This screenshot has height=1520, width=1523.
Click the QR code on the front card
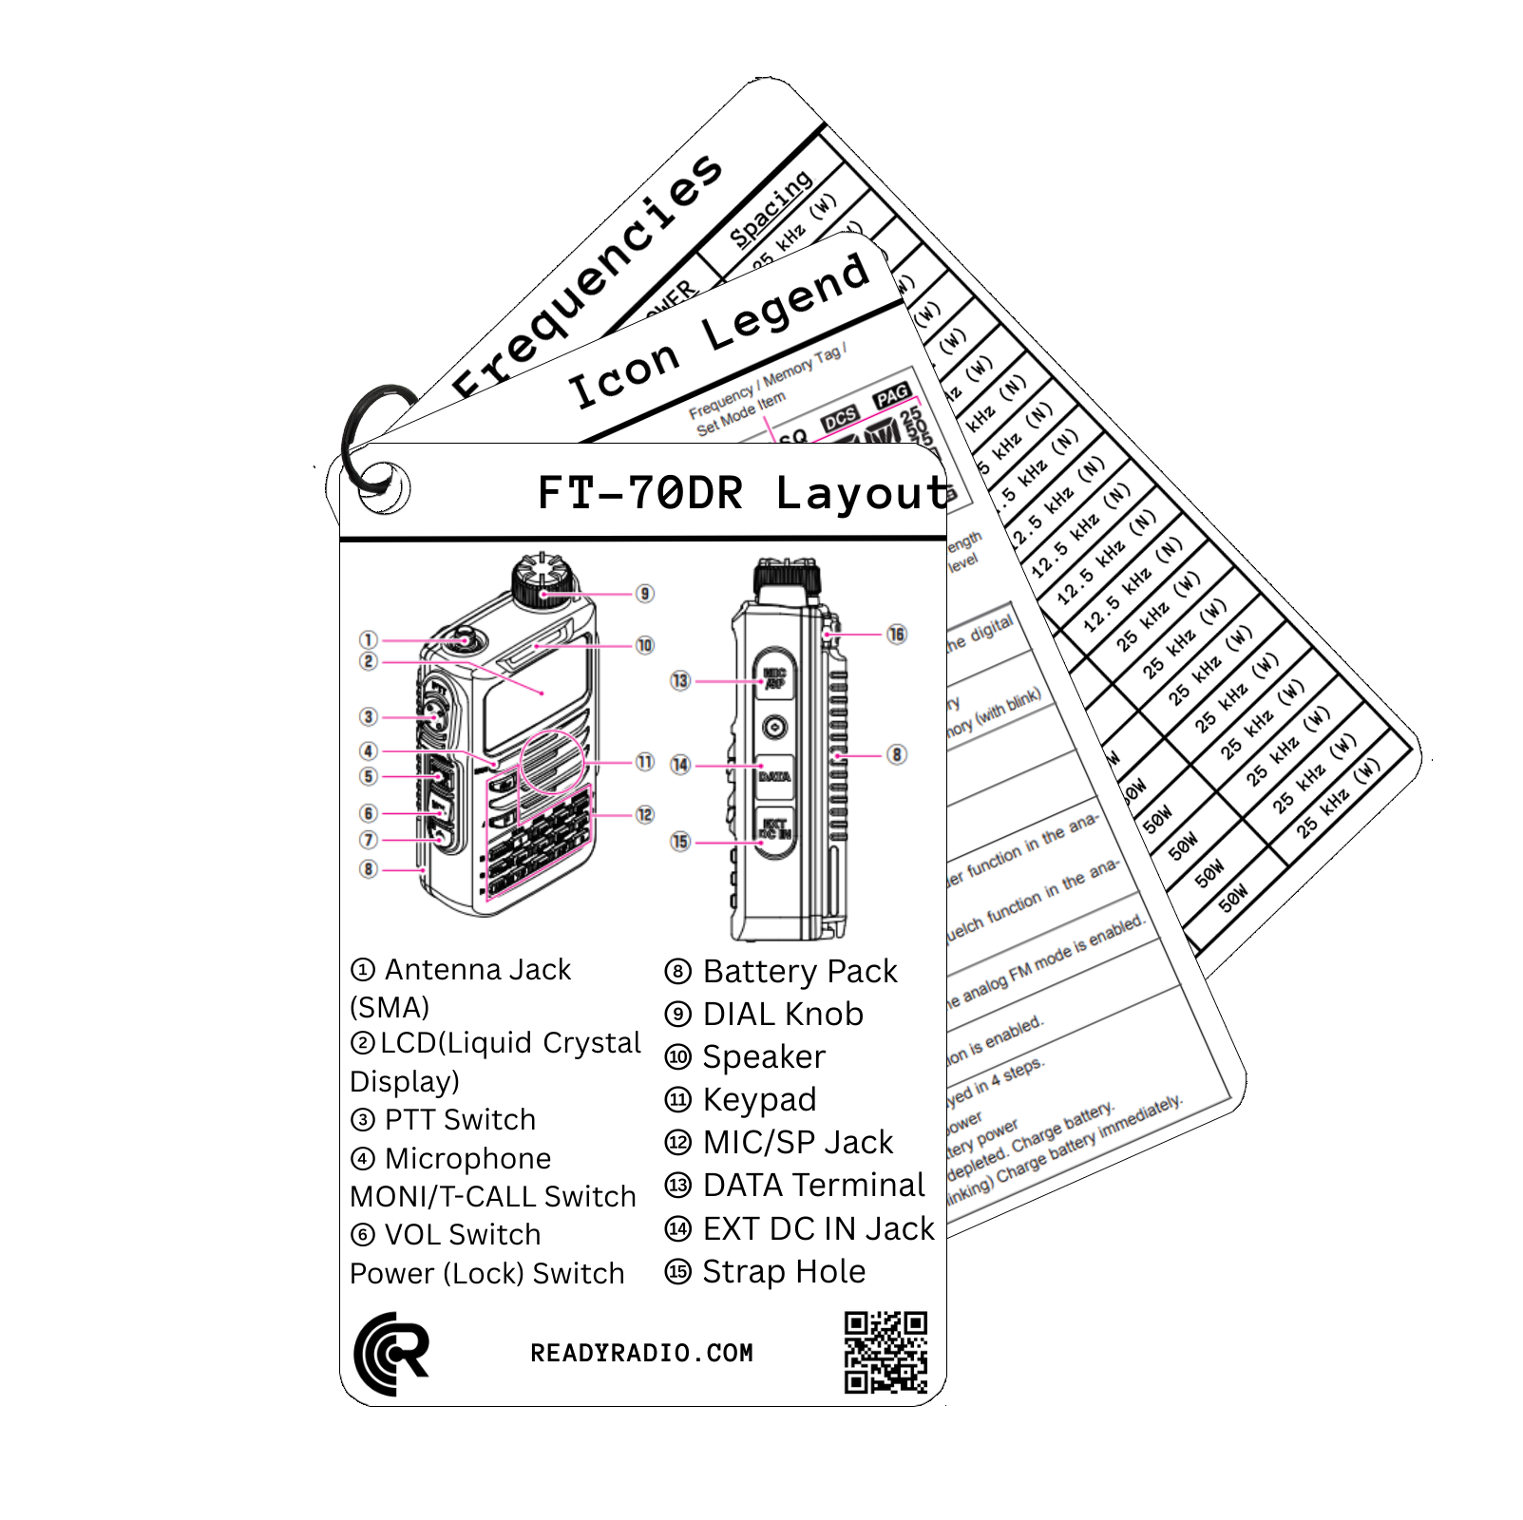pos(885,1353)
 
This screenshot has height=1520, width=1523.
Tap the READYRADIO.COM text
pos(641,1353)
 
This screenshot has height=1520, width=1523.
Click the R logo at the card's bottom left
pos(390,1354)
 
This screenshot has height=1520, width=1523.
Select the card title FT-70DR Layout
pos(744,493)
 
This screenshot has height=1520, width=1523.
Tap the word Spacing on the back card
pos(771,208)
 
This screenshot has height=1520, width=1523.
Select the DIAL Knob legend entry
pos(764,1015)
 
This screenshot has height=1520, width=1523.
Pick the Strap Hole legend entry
pos(765,1272)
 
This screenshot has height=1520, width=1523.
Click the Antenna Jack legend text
pos(461,970)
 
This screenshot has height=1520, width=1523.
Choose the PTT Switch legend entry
pos(443,1120)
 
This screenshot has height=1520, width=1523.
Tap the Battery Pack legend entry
pos(781,972)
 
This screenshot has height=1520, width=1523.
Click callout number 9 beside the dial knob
pos(645,594)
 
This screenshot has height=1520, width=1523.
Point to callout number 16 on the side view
pos(896,634)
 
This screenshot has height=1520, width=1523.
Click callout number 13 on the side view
pos(679,680)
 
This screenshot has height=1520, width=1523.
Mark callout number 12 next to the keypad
pos(645,814)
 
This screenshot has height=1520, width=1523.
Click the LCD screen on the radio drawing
pos(531,703)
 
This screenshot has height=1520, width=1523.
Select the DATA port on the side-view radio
pos(774,776)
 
